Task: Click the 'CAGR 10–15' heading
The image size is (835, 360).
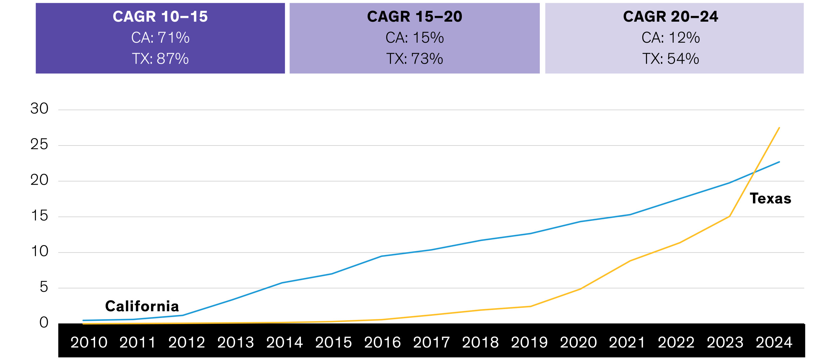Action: (x=160, y=17)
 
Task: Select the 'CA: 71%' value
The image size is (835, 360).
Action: (x=160, y=38)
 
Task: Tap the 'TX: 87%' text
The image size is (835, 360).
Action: (x=160, y=59)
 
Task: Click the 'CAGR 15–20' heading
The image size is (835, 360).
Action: (x=414, y=17)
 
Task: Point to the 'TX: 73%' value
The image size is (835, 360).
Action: (x=414, y=59)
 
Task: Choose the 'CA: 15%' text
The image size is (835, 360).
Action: (x=414, y=38)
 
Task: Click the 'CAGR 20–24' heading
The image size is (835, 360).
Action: (x=670, y=17)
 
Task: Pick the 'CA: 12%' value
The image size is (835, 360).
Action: (x=670, y=38)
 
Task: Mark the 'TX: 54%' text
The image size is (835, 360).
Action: (x=670, y=59)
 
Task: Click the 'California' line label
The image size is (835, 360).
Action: (x=142, y=306)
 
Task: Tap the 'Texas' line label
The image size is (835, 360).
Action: (x=770, y=199)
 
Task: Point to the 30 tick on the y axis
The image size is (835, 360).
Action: (x=39, y=108)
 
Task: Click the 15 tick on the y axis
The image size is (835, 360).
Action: (x=39, y=215)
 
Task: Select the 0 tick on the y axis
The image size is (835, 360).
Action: (x=44, y=322)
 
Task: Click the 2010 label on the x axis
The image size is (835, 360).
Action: (x=89, y=342)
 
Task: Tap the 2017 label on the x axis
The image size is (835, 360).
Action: (x=431, y=342)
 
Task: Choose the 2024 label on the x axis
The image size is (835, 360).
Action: (x=774, y=342)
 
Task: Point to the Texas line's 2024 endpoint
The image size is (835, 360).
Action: (x=779, y=128)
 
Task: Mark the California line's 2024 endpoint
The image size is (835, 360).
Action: (x=779, y=162)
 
